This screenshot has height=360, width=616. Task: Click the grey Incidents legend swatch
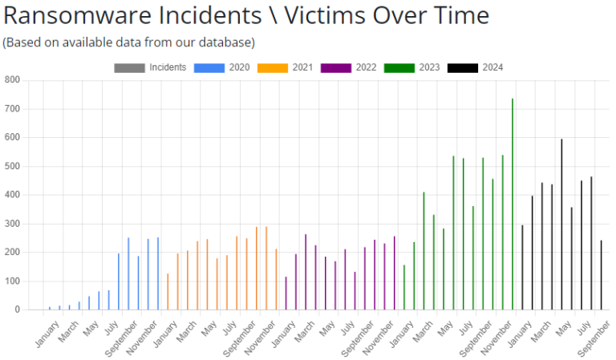(129, 67)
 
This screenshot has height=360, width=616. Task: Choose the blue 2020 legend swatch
(209, 67)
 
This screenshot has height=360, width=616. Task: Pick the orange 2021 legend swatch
(273, 67)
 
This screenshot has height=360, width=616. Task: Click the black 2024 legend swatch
(463, 67)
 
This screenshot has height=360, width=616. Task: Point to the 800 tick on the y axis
(12, 80)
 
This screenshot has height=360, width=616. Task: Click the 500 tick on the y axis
(12, 166)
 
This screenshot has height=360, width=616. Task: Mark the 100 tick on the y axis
(12, 281)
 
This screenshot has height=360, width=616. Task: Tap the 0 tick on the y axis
(17, 309)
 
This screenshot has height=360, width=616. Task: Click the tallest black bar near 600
(561, 224)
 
